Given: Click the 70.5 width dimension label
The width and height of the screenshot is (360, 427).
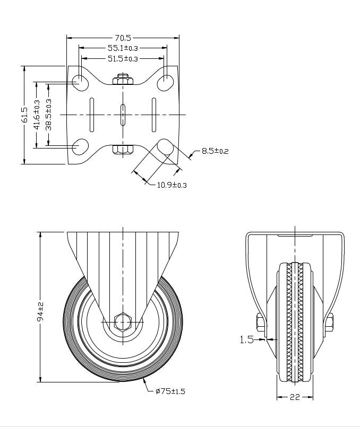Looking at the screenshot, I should click(x=123, y=38).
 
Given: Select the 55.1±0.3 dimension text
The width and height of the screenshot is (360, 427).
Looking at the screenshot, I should click(x=123, y=48).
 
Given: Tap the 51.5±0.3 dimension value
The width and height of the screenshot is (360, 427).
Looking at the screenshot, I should click(x=123, y=58).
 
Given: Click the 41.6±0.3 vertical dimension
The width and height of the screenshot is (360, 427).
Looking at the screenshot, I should click(x=37, y=115).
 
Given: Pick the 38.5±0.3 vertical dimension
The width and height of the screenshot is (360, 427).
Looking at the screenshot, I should click(x=48, y=115).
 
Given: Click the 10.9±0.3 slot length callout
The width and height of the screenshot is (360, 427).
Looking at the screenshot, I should click(x=172, y=185).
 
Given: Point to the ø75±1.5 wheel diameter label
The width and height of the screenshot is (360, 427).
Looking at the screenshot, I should click(x=170, y=391).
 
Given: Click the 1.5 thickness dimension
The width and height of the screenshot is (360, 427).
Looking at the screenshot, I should click(x=246, y=340).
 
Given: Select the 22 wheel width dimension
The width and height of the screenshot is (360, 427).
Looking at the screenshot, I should click(x=295, y=397).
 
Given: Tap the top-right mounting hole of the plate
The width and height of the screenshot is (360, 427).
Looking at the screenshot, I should click(x=166, y=81).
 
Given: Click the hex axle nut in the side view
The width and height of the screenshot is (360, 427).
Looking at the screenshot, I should click(x=123, y=321).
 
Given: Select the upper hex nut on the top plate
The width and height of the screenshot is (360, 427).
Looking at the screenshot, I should click(x=123, y=80).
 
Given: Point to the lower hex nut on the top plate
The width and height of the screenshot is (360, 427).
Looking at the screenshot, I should click(x=123, y=149).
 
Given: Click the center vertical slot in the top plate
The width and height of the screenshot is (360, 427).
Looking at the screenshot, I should click(x=123, y=115).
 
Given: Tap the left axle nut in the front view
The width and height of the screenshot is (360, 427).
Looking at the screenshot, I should click(x=261, y=323).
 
